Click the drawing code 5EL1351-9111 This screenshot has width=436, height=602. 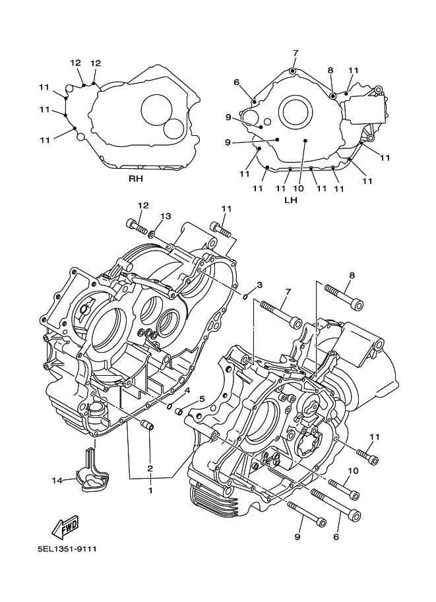67,549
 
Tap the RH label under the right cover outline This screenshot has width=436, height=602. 136,179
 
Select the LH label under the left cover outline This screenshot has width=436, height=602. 291,200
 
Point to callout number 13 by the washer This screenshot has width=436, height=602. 165,216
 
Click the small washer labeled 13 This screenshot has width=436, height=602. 152,233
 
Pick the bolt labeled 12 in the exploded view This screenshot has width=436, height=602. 137,227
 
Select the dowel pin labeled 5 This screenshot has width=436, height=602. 179,411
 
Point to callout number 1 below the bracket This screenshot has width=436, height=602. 150,491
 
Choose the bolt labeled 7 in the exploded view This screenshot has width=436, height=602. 281,315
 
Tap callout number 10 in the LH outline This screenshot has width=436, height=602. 298,189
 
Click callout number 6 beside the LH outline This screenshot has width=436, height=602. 236,82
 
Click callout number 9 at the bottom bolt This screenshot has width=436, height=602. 297,537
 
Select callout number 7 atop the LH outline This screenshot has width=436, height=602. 296,53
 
